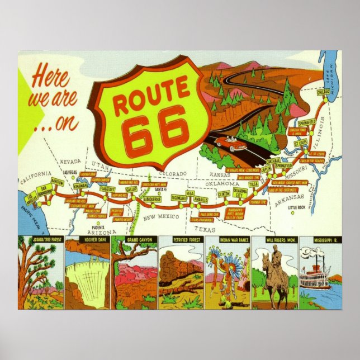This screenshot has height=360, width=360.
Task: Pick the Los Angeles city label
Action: tap(33, 198)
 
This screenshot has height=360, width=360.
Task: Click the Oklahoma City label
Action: tap(240, 192)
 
